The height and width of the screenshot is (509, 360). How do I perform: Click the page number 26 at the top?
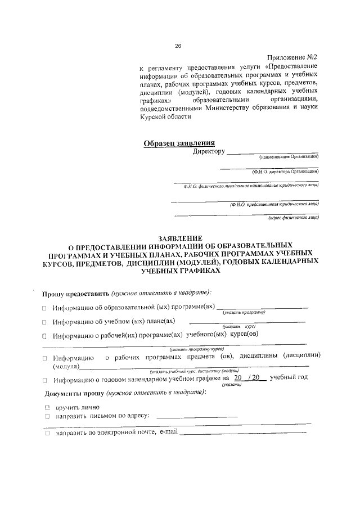(x=178, y=46)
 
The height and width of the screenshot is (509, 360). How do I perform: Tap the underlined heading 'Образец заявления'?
(x=179, y=143)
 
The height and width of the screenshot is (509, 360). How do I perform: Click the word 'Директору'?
(x=209, y=152)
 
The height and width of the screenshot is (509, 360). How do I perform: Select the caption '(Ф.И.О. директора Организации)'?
(x=285, y=172)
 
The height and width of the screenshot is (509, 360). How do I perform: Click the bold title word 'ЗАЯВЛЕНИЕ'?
(x=180, y=238)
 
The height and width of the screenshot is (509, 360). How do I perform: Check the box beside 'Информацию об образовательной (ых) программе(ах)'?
(x=44, y=308)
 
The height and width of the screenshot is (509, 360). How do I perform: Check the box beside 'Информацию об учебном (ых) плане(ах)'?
(x=44, y=322)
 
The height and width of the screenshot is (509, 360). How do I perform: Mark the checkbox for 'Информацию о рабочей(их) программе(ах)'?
(x=44, y=336)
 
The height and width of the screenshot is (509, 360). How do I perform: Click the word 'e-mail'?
(x=169, y=433)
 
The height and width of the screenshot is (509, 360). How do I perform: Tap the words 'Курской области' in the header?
(x=161, y=117)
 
